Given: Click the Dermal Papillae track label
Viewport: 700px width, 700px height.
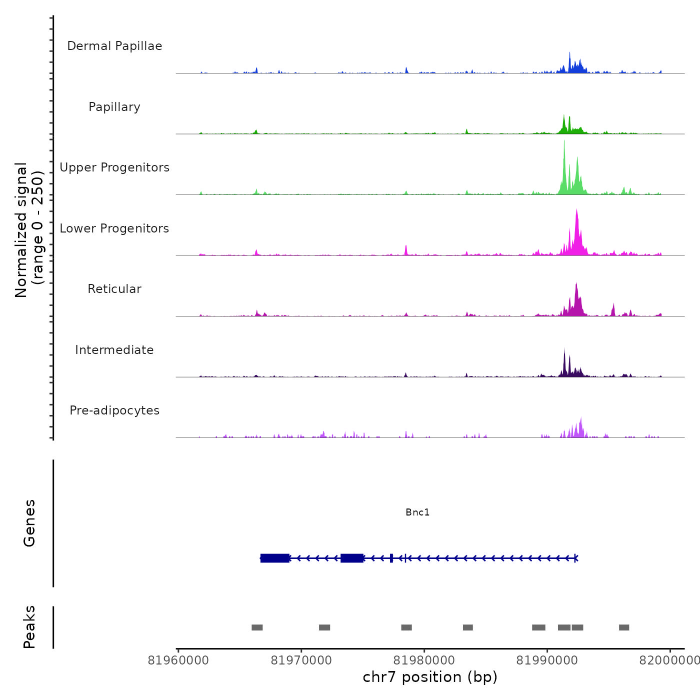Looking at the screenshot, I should coord(114,46).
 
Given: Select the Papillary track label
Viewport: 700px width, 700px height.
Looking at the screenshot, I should coord(114,107).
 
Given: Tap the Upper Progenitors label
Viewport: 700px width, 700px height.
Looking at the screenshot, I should coord(114,167).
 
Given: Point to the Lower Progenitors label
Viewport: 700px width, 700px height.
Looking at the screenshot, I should coord(114,228).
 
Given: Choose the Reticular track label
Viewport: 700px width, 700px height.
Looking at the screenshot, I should coord(114,289).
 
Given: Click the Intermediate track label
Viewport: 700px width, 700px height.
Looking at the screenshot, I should coord(114,350).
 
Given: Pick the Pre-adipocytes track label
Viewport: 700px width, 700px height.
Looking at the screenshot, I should coord(114,410).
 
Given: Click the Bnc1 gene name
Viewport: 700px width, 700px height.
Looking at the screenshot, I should coord(417,512).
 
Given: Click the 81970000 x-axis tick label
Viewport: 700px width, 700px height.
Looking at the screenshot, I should coord(301,660).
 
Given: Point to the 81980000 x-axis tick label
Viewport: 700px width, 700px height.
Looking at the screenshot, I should coord(424,660).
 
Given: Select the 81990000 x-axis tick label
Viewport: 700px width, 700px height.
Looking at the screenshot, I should coord(547,660).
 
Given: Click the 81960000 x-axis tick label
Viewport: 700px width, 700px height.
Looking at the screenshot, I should coord(178,660).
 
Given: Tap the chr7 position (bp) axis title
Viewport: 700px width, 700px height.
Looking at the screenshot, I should coord(430,677).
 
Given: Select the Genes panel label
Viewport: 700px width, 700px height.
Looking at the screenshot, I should coord(29,523).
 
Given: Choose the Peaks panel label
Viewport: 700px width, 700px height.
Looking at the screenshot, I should coord(29,627).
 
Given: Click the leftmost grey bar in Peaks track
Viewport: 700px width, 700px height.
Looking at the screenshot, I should coord(257,627).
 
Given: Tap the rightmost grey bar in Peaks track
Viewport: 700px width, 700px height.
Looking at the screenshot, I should coord(624,627).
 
